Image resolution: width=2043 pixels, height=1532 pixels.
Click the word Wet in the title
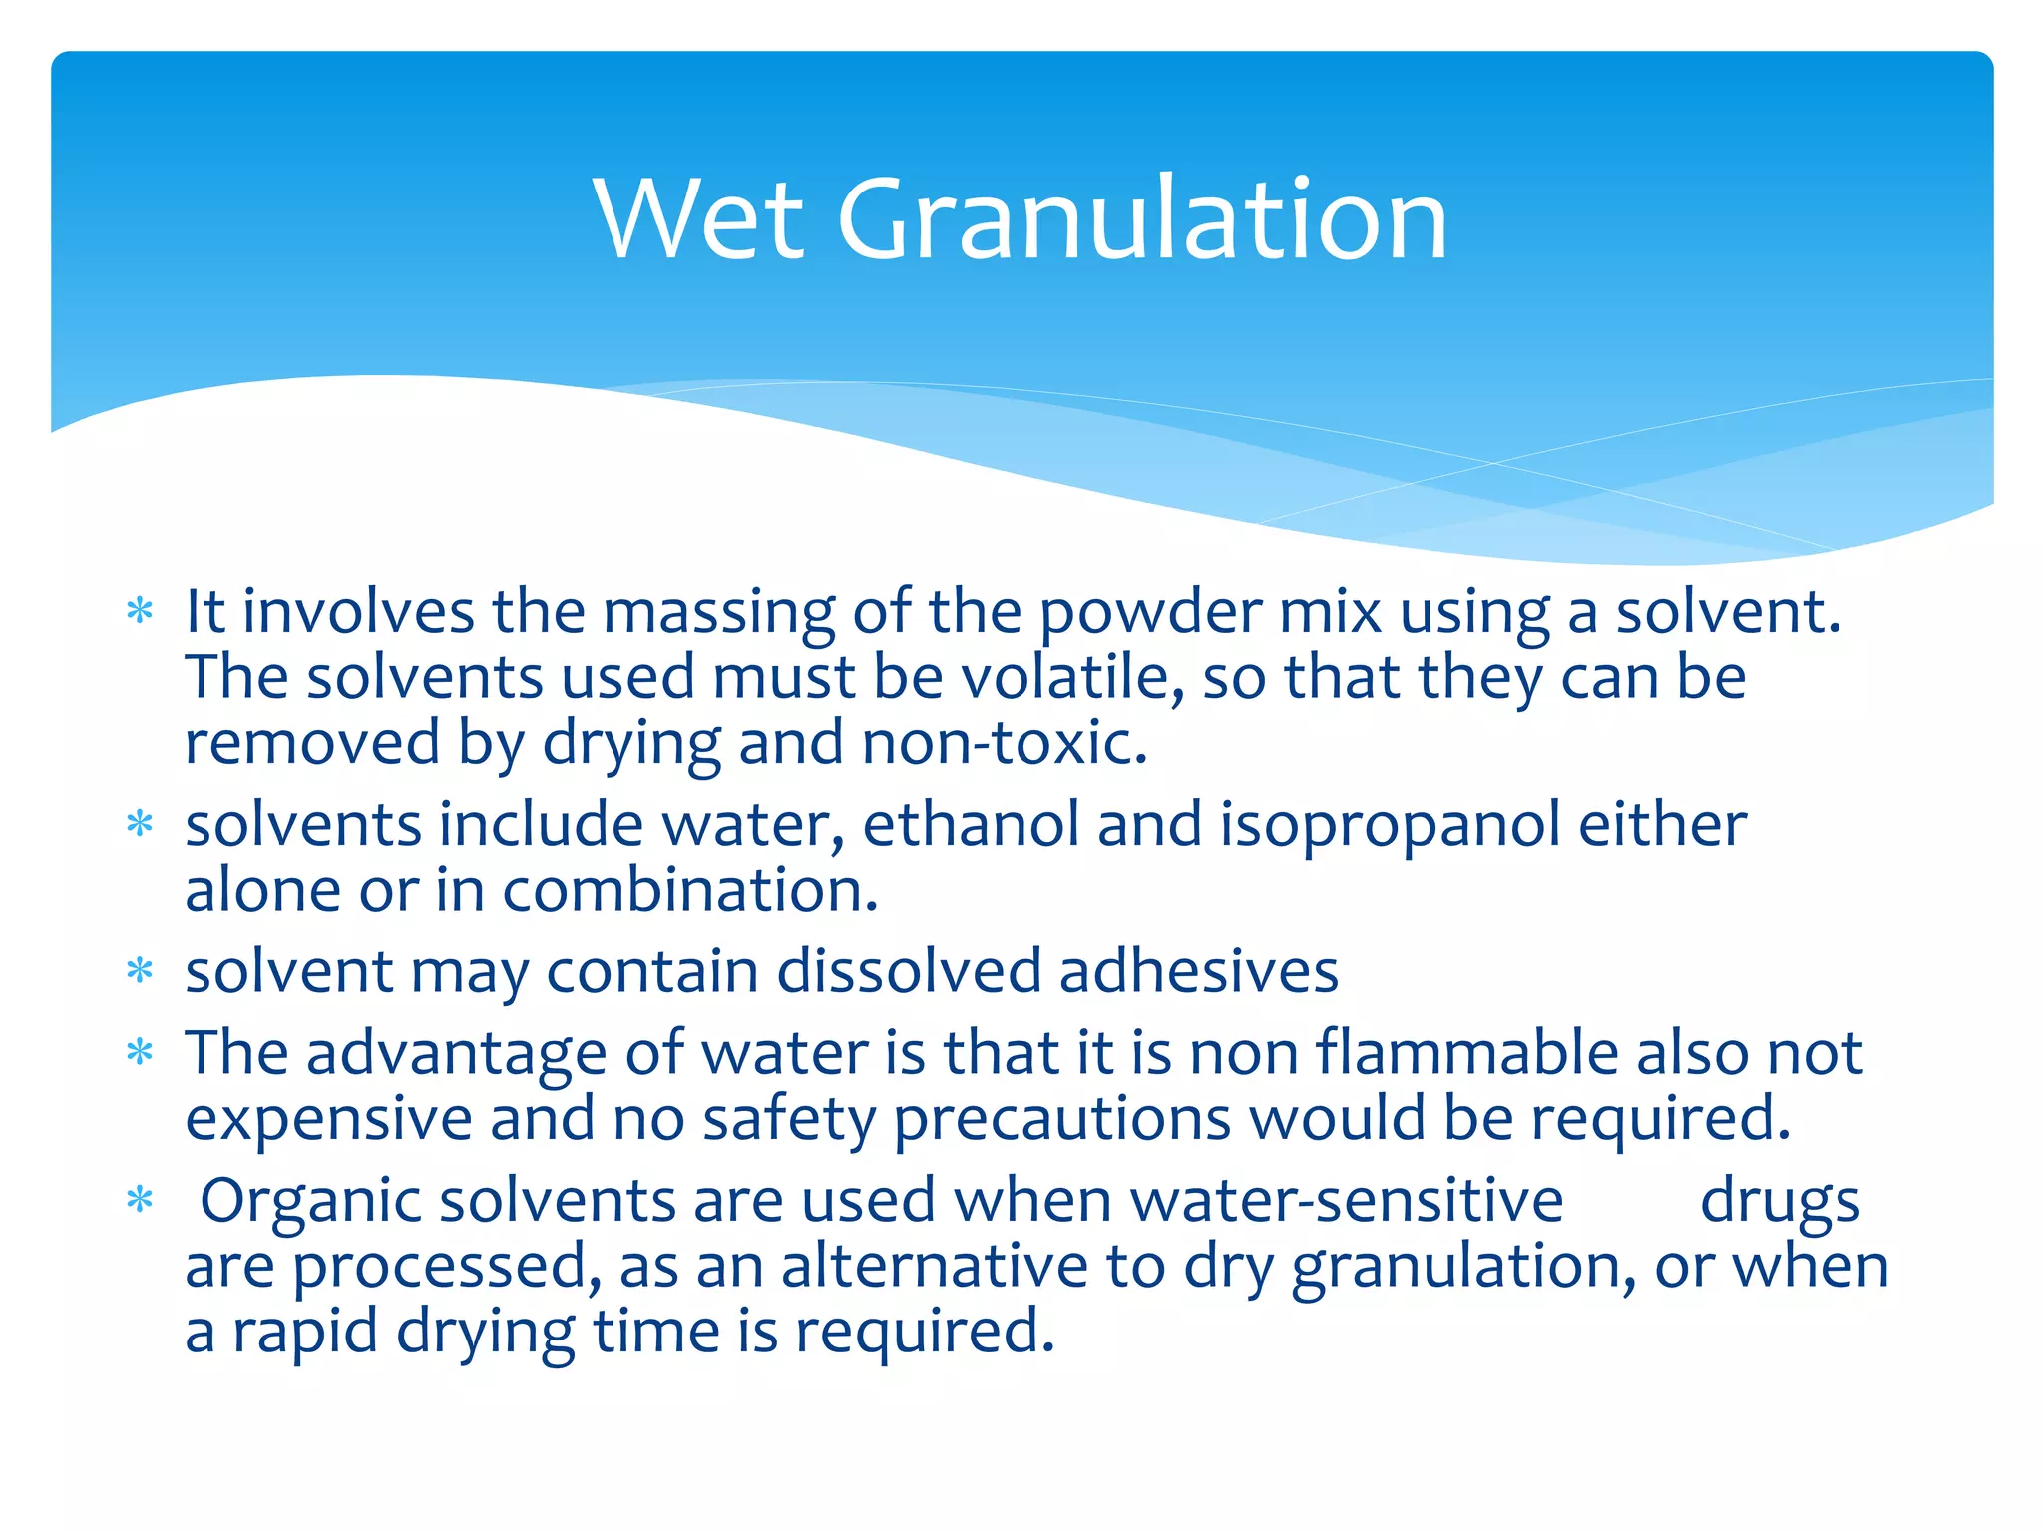[x=698, y=219]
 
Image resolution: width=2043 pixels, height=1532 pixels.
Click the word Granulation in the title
[x=1142, y=219]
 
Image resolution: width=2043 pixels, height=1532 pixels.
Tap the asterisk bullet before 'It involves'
[x=140, y=611]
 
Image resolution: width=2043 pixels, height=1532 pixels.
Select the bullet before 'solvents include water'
[x=140, y=825]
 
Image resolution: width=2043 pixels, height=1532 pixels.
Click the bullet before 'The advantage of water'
[x=140, y=1053]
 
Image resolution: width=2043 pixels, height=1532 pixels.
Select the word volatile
[x=1072, y=678]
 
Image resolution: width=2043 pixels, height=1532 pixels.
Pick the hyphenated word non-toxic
[x=1005, y=744]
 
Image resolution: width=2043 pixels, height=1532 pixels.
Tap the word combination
[x=689, y=891]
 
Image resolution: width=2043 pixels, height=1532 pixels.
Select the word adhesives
[x=1198, y=971]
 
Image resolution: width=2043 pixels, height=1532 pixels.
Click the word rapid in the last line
[x=305, y=1333]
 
